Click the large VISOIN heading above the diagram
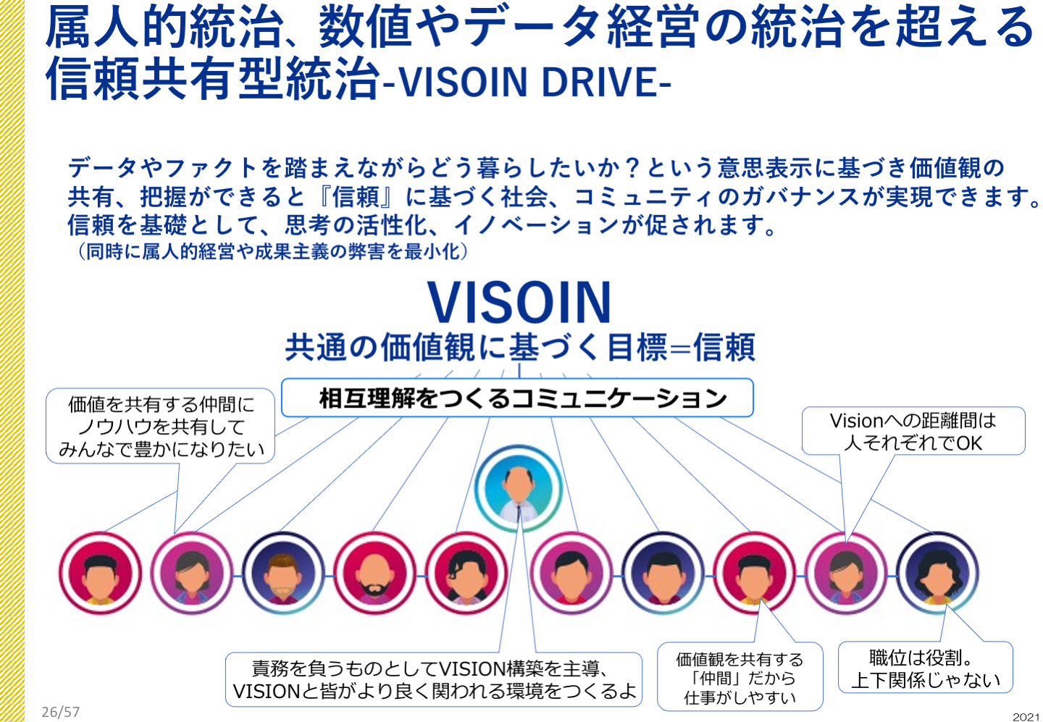pos(519,302)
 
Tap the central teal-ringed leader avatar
pos(519,488)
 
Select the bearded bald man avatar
pos(374,573)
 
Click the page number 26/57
pos(61,712)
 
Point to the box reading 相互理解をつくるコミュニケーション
pos(517,398)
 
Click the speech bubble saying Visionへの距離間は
pos(913,431)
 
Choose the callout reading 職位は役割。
pos(925,667)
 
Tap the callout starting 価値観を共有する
pos(740,676)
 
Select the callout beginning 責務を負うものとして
pos(434,679)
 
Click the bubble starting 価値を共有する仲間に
pos(161,426)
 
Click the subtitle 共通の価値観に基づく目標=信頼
pos(519,348)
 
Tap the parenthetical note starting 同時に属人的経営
pos(272,252)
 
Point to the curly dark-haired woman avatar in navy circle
pos(937,573)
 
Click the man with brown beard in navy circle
pos(283,573)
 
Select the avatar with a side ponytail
pos(466,573)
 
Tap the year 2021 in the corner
pos(1028,717)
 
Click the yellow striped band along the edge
pos(12,361)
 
